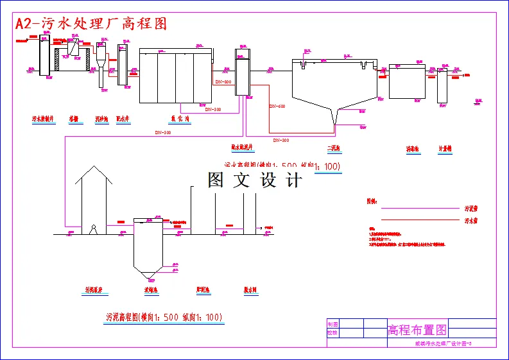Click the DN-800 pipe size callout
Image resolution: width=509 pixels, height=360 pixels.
point(223,82)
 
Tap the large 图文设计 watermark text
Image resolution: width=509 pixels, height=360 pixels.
point(254,180)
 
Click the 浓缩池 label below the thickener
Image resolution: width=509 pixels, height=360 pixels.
point(151,290)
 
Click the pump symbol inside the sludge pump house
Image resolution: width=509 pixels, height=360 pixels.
point(94,229)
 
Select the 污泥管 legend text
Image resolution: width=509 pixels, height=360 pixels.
point(471,209)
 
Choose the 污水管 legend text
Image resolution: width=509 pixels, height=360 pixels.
point(471,221)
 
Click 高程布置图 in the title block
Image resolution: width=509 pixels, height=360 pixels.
point(417,330)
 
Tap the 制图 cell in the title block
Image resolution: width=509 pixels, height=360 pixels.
point(332,324)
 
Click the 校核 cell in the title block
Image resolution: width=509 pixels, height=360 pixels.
point(332,333)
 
